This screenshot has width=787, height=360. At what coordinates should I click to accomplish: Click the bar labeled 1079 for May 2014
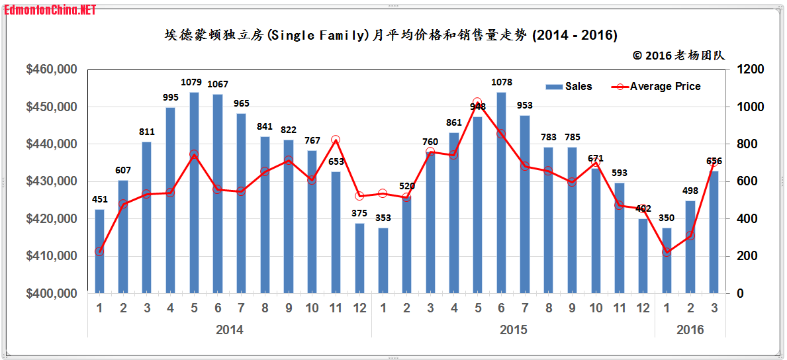click(194, 193)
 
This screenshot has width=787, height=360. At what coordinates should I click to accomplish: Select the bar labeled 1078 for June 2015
click(501, 193)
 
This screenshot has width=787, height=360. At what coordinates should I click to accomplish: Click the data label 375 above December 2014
click(359, 213)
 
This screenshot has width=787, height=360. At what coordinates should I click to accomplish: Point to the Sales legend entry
click(569, 87)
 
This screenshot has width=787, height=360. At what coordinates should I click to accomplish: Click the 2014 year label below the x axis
click(230, 330)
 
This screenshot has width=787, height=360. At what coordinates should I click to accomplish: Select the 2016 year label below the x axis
click(690, 330)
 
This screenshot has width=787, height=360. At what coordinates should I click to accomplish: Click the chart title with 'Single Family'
click(391, 35)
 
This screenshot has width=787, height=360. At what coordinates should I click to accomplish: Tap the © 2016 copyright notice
click(678, 56)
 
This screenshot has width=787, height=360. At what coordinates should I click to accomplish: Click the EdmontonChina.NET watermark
click(50, 9)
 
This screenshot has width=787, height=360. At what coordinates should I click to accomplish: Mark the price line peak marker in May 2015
click(477, 103)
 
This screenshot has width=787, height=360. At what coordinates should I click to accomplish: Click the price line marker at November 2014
click(336, 140)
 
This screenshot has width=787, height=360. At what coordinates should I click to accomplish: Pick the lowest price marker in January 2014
click(99, 251)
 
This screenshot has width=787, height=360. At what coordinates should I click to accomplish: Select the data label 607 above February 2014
click(123, 170)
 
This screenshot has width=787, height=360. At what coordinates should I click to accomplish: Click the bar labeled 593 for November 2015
click(620, 238)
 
